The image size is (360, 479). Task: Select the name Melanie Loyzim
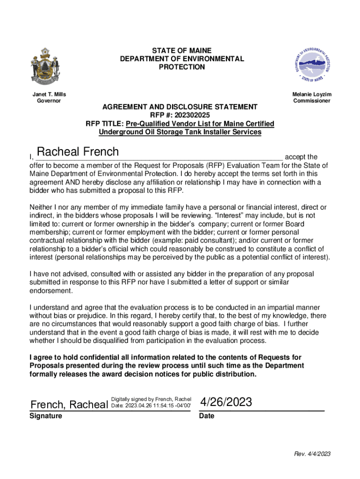pos(312,94)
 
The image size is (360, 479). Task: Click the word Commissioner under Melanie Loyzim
pos(312,101)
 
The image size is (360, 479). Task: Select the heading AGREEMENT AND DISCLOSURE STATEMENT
pos(180,107)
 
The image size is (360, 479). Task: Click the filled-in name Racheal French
pos(78,152)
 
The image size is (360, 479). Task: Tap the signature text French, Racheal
pos(69,404)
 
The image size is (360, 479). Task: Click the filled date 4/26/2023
pos(226,402)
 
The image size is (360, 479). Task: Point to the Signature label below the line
pos(46,416)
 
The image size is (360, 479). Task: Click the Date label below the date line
pos(206,416)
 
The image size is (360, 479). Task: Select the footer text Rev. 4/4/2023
pos(312,454)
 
